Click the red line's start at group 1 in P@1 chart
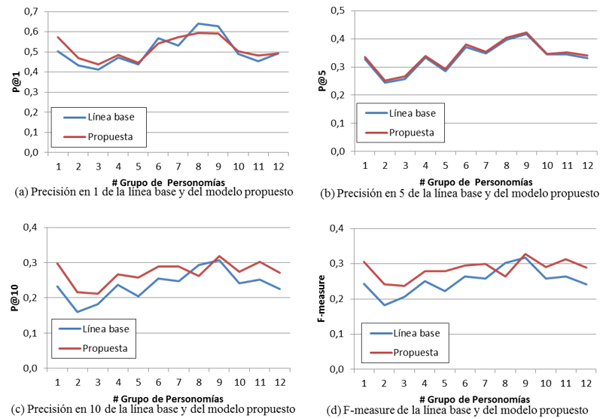[59, 37]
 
